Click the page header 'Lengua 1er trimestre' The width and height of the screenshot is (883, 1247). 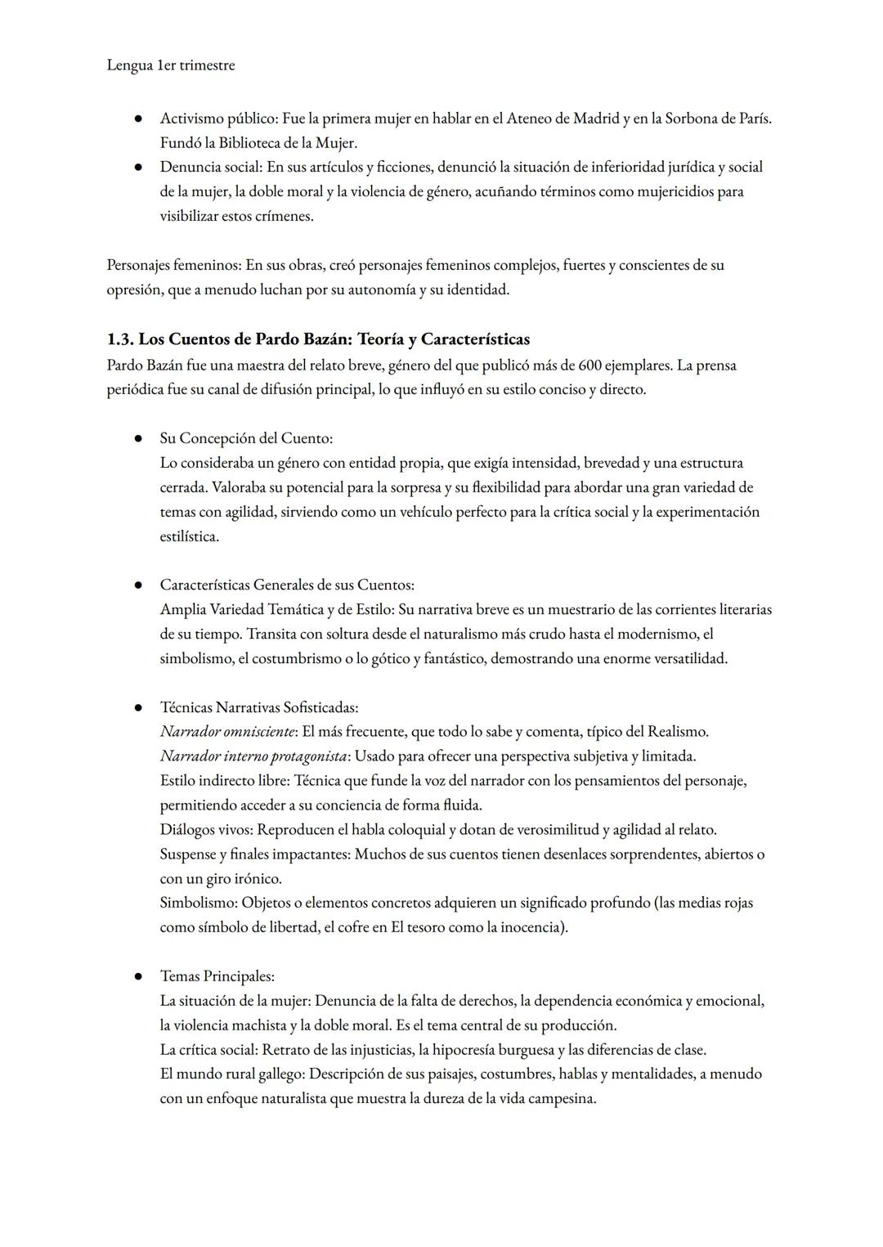pyautogui.click(x=170, y=65)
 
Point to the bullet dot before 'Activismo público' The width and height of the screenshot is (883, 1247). pyautogui.click(x=139, y=119)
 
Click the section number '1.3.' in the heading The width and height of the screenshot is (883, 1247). pyautogui.click(x=120, y=339)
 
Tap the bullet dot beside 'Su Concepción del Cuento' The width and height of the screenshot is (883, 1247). pyautogui.click(x=139, y=439)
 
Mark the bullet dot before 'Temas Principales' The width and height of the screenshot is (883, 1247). pyautogui.click(x=139, y=976)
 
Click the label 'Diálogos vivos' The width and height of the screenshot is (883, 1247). pyautogui.click(x=205, y=830)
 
